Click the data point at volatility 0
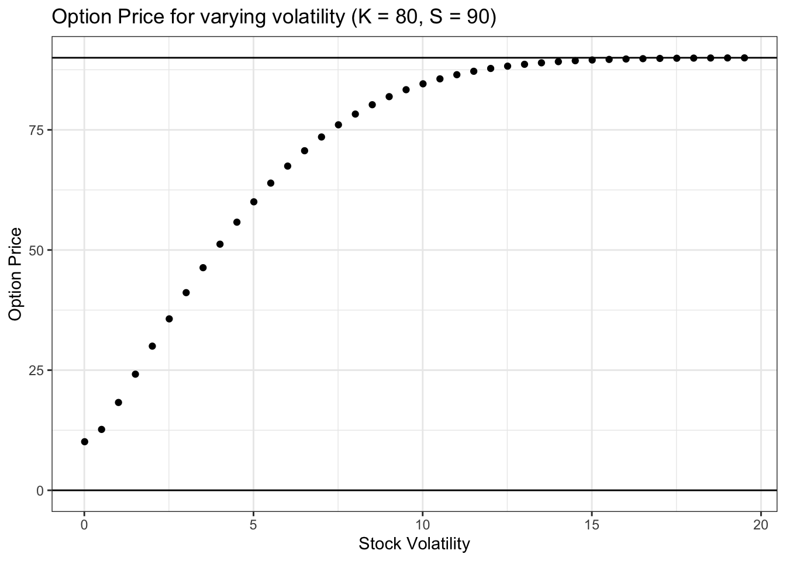click(84, 442)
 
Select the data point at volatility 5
click(254, 202)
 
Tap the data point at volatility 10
click(423, 84)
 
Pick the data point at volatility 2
click(152, 346)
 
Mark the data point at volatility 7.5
click(338, 124)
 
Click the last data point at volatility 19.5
click(744, 58)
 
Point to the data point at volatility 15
click(592, 60)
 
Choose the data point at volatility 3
click(186, 292)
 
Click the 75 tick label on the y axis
click(38, 130)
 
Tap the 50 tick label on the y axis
click(38, 250)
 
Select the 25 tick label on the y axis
click(38, 370)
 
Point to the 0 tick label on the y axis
click(41, 490)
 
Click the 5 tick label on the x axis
click(254, 524)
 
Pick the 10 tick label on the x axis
click(422, 524)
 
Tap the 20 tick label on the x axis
click(761, 524)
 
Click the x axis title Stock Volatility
click(414, 544)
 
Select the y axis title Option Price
click(16, 274)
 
